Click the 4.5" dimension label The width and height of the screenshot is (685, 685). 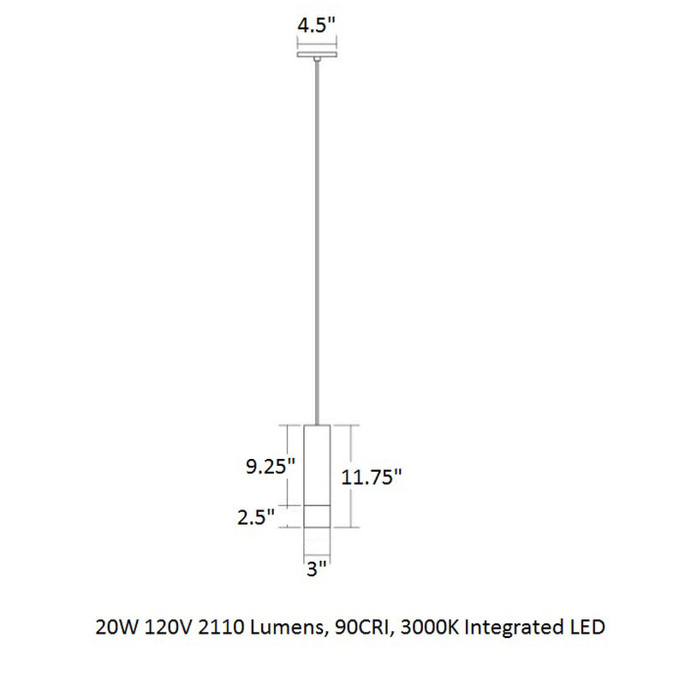click(x=316, y=26)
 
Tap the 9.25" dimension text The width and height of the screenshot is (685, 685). click(x=270, y=467)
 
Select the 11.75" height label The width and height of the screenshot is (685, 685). click(x=372, y=478)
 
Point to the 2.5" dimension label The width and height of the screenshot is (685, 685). click(x=258, y=516)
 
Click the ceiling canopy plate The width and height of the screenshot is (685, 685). click(x=317, y=56)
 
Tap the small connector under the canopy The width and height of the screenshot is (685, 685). click(x=317, y=61)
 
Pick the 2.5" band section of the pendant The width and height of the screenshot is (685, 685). click(x=317, y=515)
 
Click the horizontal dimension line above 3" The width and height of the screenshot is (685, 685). click(x=317, y=554)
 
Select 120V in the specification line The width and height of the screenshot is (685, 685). click(x=160, y=628)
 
